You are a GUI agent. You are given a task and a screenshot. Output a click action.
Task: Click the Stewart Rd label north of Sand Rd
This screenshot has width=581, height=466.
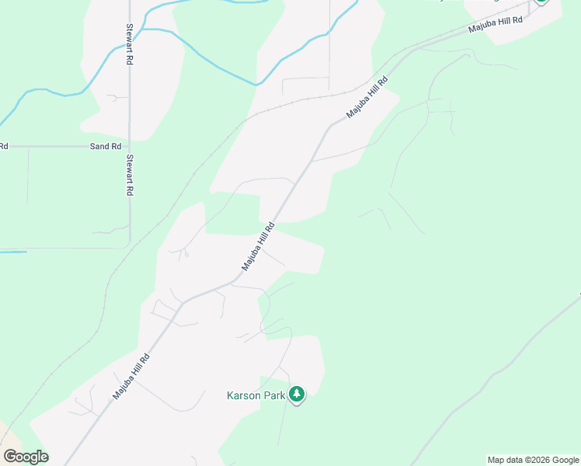click(130, 43)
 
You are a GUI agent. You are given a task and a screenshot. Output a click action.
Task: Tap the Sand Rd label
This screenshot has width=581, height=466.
click(106, 146)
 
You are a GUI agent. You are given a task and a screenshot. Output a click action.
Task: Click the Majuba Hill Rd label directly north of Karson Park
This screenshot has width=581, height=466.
click(259, 247)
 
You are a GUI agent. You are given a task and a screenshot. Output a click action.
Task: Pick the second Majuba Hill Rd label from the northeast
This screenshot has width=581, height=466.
click(367, 98)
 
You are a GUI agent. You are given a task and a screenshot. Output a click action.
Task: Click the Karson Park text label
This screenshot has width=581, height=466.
click(255, 395)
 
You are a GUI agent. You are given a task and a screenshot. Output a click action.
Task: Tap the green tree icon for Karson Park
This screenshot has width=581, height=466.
click(296, 395)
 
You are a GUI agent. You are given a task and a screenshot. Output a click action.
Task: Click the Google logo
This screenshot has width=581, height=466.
click(26, 457)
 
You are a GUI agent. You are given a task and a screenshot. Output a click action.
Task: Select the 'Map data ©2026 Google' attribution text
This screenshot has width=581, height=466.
click(533, 460)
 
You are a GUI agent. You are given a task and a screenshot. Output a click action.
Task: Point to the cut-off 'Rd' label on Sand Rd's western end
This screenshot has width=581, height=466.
click(3, 146)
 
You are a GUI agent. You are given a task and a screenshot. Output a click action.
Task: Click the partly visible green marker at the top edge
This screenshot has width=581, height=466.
click(541, 2)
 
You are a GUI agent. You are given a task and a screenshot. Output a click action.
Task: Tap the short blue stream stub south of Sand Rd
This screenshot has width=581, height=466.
click(13, 252)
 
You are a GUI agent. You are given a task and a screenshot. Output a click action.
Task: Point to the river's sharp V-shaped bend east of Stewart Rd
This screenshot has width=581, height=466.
click(256, 84)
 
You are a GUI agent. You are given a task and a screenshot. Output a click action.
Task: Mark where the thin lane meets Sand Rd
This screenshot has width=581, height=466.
click(28, 147)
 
